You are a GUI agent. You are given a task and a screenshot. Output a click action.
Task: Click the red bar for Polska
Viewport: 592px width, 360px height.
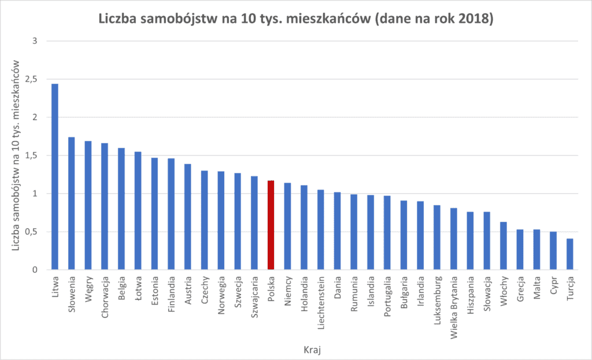coord(271,225)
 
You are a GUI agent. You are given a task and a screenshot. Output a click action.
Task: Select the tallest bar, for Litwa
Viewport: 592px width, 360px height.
coord(55,177)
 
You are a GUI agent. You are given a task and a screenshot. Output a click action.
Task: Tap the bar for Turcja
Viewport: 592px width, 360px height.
coord(569,254)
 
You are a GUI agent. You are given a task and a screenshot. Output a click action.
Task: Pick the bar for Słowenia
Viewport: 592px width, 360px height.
coord(71,203)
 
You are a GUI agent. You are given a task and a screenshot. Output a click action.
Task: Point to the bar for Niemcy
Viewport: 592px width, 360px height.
coord(287,227)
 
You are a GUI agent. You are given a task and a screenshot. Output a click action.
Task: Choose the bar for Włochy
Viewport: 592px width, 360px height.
coord(504,246)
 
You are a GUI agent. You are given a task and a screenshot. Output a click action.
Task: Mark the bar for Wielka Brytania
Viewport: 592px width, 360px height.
coord(453,239)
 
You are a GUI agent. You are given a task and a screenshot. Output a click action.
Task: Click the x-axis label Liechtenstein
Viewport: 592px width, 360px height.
coord(321,303)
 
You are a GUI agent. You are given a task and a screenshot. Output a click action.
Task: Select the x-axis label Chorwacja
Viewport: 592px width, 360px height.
coord(105,298)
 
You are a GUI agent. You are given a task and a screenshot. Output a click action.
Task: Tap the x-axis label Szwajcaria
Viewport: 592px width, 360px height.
coord(254,298)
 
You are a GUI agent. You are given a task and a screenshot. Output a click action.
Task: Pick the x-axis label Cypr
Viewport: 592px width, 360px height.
coord(553,285)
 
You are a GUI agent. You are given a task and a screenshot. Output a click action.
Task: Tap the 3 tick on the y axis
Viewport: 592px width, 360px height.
coord(35,41)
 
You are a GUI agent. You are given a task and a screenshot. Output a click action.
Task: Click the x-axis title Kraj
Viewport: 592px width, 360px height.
coord(312,350)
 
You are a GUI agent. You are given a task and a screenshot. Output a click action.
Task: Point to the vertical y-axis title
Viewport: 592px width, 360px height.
coord(16,155)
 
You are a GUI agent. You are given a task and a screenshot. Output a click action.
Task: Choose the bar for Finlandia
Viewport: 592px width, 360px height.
coord(171,214)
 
